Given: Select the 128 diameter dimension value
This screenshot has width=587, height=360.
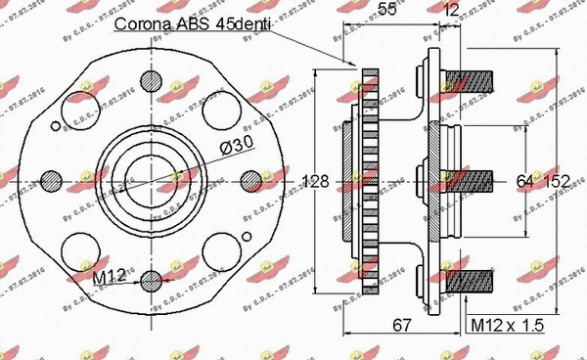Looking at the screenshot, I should pyautogui.click(x=316, y=181).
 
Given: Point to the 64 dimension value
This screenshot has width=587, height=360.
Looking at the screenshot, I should pyautogui.click(x=524, y=180).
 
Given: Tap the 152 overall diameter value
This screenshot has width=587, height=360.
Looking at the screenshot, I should pyautogui.click(x=559, y=180).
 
